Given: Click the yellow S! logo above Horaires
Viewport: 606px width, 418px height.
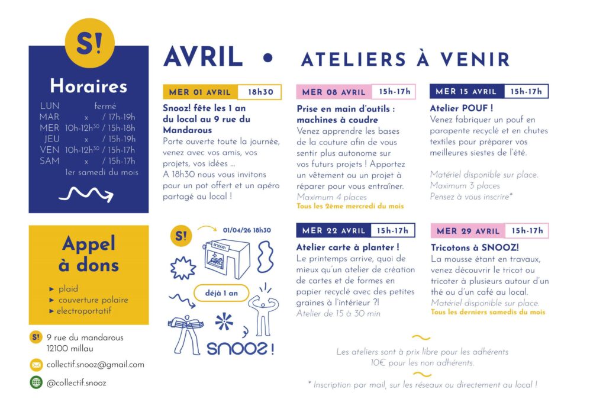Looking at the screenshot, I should (89, 43).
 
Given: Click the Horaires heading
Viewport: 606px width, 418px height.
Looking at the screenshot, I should (89, 86).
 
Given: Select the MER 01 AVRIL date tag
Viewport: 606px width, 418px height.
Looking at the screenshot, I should (200, 92).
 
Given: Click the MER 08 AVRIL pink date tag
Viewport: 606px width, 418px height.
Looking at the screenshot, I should (334, 92).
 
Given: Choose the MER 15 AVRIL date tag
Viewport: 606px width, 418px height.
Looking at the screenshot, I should (466, 92).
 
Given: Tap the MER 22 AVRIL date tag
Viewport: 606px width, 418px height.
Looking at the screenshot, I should (333, 230).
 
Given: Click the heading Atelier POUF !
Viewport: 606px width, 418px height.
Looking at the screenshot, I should (462, 108).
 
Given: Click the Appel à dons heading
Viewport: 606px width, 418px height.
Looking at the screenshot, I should (89, 254).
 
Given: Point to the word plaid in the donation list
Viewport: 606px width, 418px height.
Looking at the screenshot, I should (68, 289).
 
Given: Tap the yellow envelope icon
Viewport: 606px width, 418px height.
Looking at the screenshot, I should (36, 365).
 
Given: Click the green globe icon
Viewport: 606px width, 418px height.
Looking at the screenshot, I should (36, 382).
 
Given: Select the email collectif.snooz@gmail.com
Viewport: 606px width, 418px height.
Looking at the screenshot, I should (95, 365).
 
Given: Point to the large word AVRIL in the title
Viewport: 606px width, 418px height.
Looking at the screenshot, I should (204, 57).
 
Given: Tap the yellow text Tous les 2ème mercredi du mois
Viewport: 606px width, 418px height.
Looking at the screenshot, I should (350, 206).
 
